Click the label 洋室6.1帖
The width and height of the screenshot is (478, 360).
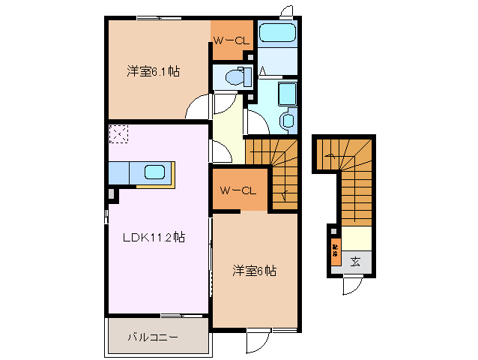tap(152, 72)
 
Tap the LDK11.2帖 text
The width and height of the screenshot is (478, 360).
tap(154, 238)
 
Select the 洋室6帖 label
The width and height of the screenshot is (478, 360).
tap(253, 271)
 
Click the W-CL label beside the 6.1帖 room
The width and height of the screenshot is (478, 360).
tap(230, 40)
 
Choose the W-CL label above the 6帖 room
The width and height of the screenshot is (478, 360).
tap(238, 191)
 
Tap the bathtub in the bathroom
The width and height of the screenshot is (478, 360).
tap(276, 34)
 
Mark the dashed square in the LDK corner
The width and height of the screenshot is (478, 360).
tap(118, 134)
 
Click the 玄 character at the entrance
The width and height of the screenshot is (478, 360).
tap(355, 262)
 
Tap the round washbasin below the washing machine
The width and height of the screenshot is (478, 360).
tap(286, 120)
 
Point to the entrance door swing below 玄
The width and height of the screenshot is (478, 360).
tap(352, 286)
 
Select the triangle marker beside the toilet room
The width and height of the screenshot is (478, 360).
tap(264, 71)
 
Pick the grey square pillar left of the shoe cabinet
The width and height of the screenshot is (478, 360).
tap(330, 230)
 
